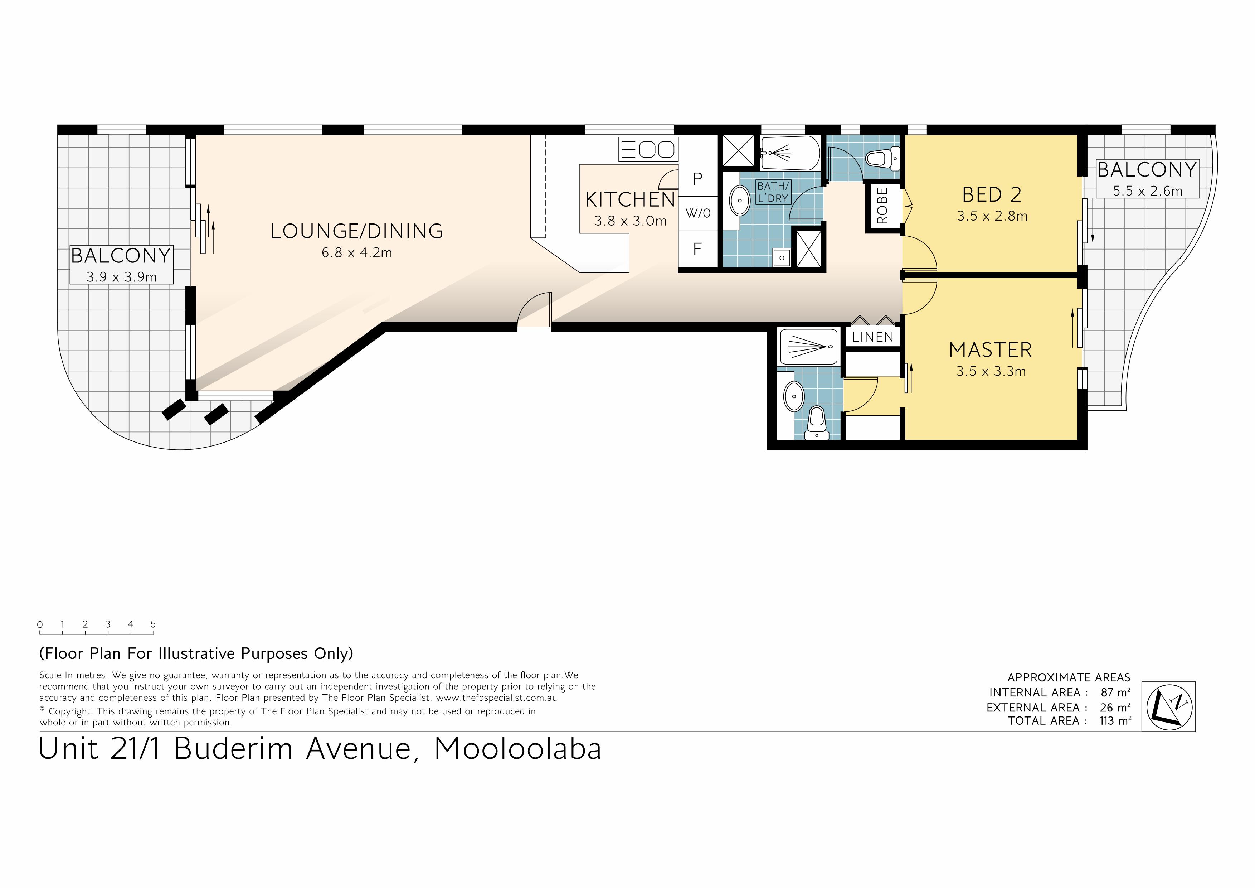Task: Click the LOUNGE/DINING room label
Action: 356,231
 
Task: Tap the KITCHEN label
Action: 630,199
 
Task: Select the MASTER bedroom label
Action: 991,350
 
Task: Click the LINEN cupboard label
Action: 872,337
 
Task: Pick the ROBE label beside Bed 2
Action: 882,206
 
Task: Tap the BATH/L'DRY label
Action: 773,193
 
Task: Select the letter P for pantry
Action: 697,179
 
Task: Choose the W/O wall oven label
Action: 698,213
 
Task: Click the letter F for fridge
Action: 697,249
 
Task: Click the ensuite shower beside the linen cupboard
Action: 808,347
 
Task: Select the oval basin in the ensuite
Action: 794,396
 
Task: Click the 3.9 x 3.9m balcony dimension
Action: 121,277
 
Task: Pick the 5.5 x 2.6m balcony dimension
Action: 1147,191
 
